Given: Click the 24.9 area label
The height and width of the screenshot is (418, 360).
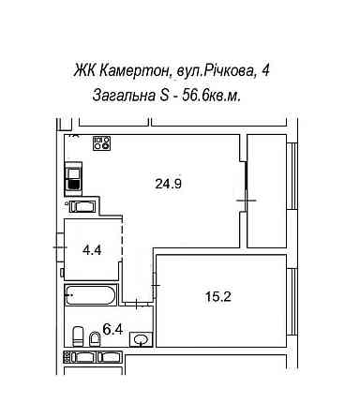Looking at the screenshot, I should [168, 184].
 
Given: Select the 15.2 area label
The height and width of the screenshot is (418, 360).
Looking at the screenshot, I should [218, 298].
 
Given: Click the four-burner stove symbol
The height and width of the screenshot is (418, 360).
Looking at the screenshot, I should [101, 143].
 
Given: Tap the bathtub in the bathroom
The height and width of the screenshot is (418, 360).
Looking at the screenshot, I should [89, 296].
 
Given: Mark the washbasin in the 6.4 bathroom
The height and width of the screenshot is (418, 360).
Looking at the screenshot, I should [141, 337].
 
